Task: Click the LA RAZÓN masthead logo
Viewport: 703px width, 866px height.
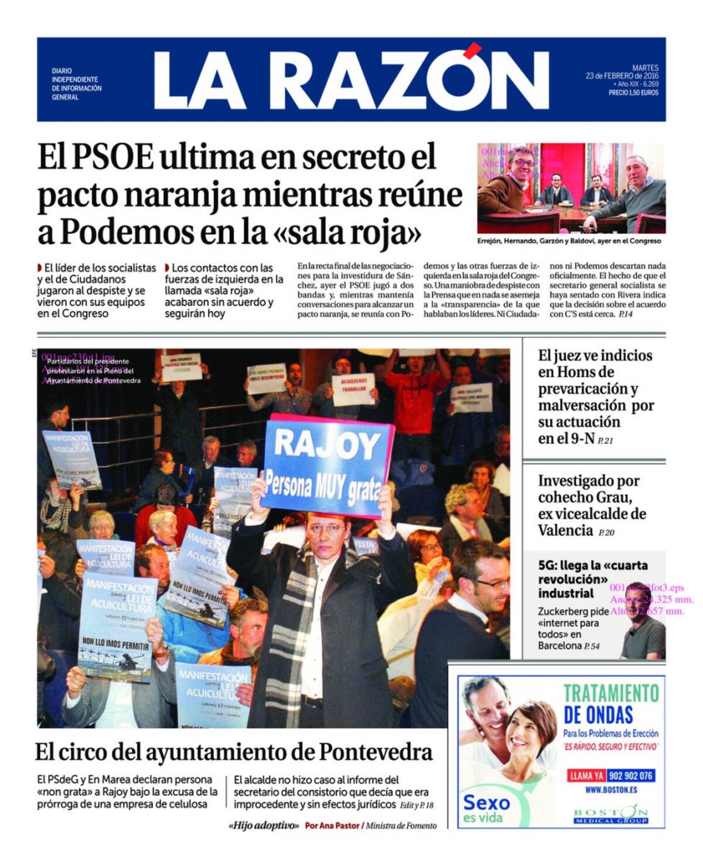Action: click(x=351, y=80)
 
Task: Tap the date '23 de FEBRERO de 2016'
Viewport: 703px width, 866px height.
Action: click(x=622, y=76)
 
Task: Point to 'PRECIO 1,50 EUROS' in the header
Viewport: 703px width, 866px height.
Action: click(x=633, y=93)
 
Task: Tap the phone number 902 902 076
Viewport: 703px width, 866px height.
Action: click(x=630, y=776)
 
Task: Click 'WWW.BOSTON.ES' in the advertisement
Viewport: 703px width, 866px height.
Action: click(x=611, y=790)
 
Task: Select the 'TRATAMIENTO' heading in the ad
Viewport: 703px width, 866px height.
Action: click(x=611, y=693)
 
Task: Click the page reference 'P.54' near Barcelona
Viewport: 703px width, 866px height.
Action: click(x=592, y=646)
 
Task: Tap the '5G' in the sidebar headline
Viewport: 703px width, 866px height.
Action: click(x=546, y=566)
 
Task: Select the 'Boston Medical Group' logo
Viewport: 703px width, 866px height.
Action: click(x=611, y=815)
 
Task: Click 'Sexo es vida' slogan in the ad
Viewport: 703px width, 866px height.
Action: click(x=486, y=808)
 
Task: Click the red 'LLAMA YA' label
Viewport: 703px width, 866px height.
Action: click(x=586, y=776)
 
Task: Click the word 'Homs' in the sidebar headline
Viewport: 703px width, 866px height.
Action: click(x=577, y=372)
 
